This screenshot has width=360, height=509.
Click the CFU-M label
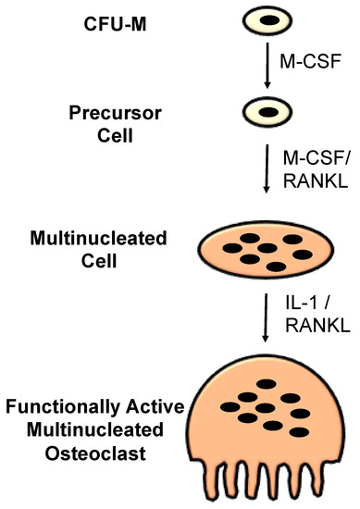coord(102,19)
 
